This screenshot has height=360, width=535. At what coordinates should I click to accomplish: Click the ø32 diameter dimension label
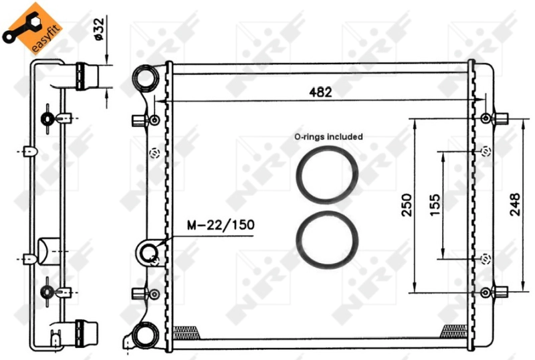click(98, 30)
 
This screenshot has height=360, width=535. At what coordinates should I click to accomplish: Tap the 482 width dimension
click(320, 92)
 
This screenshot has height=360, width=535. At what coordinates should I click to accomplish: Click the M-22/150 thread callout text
click(221, 225)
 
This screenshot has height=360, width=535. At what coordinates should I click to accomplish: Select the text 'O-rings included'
click(328, 137)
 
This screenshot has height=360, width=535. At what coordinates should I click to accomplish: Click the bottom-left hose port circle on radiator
click(142, 335)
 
